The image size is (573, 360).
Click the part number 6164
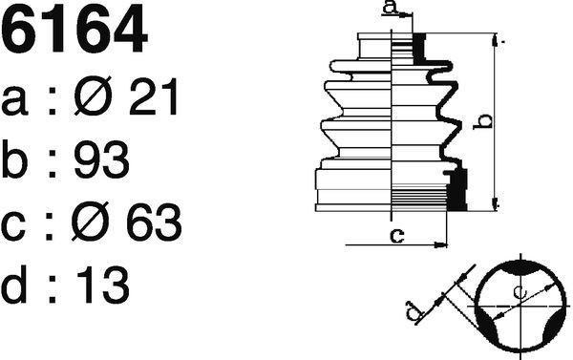(74, 30)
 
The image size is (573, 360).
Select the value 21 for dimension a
(154, 96)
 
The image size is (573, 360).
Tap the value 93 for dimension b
(101, 159)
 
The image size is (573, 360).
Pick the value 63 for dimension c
(154, 222)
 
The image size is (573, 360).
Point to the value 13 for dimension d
(103, 285)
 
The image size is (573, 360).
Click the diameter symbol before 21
(93, 96)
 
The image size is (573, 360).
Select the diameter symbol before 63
(91, 222)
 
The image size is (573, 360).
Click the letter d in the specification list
(14, 285)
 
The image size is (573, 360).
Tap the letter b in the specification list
(14, 159)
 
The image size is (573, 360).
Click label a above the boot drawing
(391, 7)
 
